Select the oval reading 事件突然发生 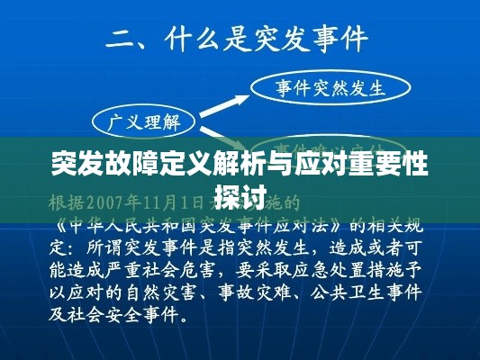tap(330, 88)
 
